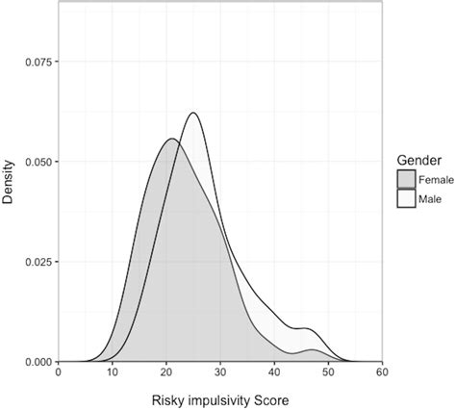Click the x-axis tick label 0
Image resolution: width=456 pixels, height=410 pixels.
tap(59, 372)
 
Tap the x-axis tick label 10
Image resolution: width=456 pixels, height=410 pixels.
tap(113, 372)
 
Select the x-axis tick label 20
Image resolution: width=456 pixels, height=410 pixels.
tap(166, 372)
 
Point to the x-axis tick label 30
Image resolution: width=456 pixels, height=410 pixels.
tap(220, 372)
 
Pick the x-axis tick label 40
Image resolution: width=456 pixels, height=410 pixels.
tap(274, 372)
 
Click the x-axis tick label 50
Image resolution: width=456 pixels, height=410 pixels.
tap(328, 372)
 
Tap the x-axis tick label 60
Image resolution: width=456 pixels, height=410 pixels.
tap(382, 372)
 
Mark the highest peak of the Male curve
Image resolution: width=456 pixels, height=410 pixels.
tap(194, 113)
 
